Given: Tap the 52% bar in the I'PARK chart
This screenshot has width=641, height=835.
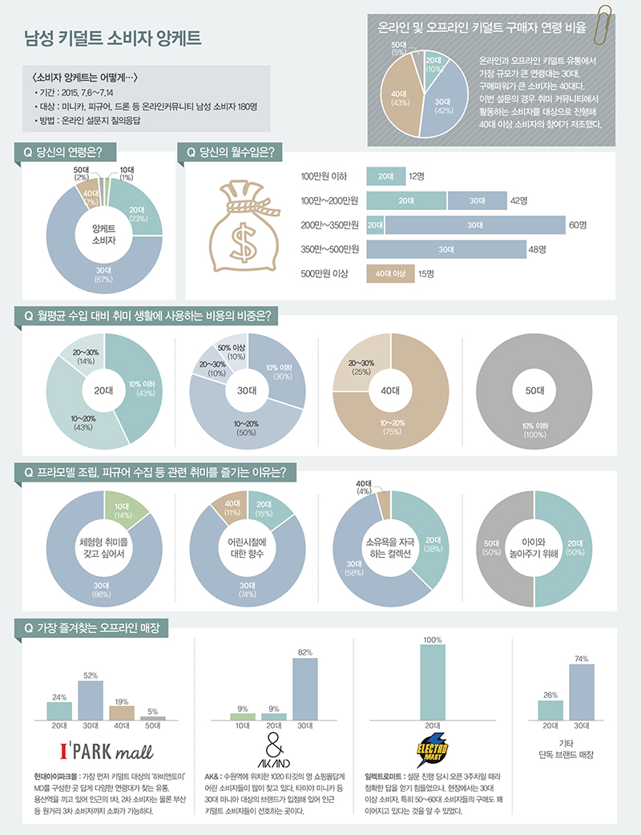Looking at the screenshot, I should coord(91,700).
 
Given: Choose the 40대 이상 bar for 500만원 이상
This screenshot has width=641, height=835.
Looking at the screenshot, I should coord(390,273).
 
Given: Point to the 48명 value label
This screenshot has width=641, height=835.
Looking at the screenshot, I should coord(537,249).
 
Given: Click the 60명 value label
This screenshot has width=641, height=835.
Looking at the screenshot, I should coord(578,225).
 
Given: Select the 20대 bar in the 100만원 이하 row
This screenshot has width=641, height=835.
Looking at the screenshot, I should coord(385,175).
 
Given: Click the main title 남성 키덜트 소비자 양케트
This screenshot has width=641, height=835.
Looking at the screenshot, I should coord(114,38).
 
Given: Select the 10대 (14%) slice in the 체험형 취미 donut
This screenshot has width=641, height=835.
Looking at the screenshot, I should coord(121,508).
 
